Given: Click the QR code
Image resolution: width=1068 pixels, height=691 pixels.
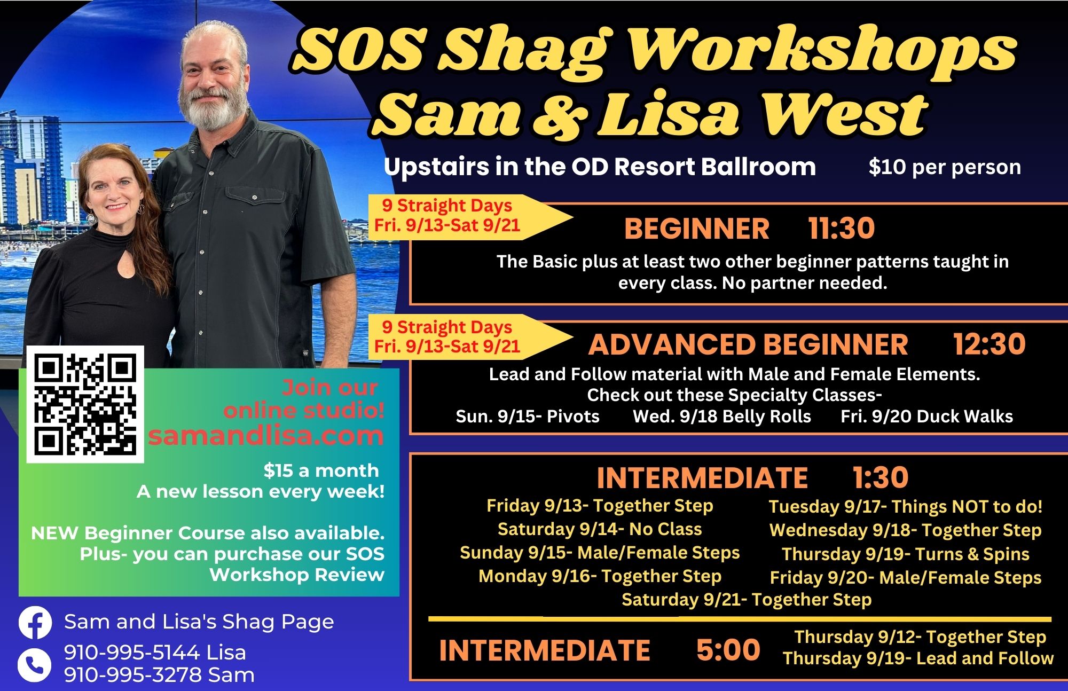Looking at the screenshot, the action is pos(85,404).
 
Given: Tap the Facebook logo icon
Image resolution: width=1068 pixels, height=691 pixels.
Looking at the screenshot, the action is pos(35,623).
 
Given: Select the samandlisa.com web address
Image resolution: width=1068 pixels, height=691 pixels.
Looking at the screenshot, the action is pos(266,436).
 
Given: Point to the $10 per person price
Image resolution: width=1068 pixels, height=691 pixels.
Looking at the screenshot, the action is pos(945,167).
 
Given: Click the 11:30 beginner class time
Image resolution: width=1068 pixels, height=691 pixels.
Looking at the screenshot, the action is pos(842,228).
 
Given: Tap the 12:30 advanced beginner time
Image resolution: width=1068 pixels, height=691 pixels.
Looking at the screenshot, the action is pos(990,344).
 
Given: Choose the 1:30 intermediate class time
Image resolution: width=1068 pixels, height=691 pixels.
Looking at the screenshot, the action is pos(881,477).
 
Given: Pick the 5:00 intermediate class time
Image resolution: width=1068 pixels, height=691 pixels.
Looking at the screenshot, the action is pos(728,650).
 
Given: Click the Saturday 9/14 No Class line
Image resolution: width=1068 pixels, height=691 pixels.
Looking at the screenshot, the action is pos(600,529).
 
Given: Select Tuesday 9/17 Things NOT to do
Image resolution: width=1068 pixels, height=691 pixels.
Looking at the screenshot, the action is pos(906,506).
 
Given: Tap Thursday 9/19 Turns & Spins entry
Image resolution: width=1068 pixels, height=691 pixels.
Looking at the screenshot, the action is pos(906,554).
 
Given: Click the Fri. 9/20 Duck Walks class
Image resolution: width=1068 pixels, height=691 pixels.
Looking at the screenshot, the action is pos(926,417).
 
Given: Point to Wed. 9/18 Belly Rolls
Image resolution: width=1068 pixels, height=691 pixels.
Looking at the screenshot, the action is pos(722,417).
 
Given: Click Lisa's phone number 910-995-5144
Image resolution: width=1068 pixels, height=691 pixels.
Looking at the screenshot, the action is pos(155,653).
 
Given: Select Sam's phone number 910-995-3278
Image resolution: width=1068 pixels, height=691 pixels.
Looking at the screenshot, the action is pos(159,675).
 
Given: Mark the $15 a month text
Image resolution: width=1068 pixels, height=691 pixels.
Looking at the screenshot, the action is pos(321,470).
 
